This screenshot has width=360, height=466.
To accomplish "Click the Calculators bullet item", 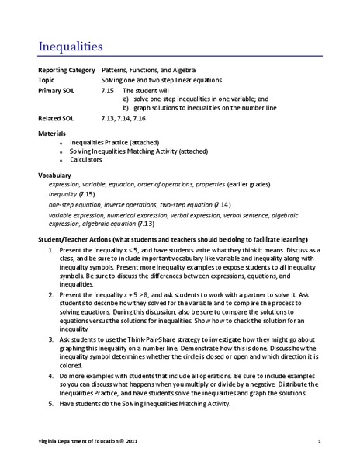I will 87,160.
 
